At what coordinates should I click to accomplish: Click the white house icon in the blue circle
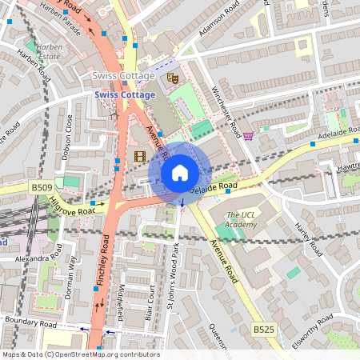[x=180, y=172]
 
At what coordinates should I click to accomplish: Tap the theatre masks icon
[x=171, y=78]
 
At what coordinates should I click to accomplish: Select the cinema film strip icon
[x=141, y=155]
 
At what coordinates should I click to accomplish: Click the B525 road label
[x=263, y=329]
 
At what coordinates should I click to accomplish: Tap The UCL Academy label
[x=241, y=219]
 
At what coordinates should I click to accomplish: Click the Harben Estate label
[x=50, y=52]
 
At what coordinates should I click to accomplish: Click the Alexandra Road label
[x=31, y=259]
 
